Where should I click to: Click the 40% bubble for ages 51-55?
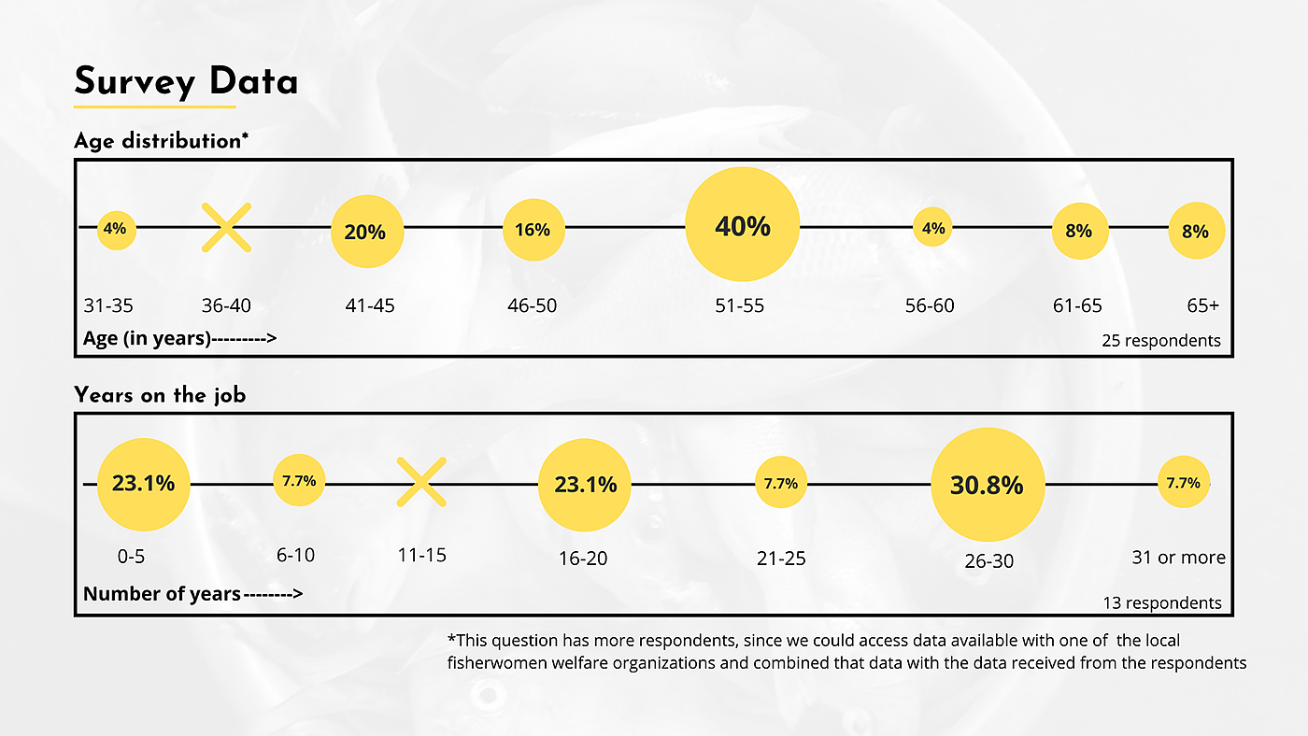pyautogui.click(x=743, y=225)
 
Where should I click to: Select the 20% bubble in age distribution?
pyautogui.click(x=366, y=232)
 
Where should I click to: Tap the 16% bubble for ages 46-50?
pyautogui.click(x=533, y=230)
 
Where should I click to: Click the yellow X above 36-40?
pyautogui.click(x=227, y=228)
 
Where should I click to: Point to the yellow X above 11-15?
pyautogui.click(x=421, y=482)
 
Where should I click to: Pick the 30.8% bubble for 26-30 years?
pyautogui.click(x=987, y=485)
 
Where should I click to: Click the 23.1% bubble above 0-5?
pyautogui.click(x=143, y=484)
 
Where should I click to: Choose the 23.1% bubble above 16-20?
pyautogui.click(x=585, y=484)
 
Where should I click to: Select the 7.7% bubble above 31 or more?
pyautogui.click(x=1183, y=483)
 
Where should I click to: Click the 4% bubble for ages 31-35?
pyautogui.click(x=117, y=229)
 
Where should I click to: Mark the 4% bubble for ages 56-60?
pyautogui.click(x=932, y=228)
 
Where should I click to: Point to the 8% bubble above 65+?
pyautogui.click(x=1196, y=231)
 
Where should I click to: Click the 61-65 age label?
pyautogui.click(x=1077, y=305)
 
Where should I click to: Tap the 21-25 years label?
pyautogui.click(x=781, y=559)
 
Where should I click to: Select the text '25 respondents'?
pyautogui.click(x=1161, y=341)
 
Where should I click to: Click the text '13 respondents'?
pyautogui.click(x=1162, y=602)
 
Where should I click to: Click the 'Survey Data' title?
pyautogui.click(x=186, y=81)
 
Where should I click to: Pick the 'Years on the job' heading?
pyautogui.click(x=160, y=395)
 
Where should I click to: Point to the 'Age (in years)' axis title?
pyautogui.click(x=148, y=338)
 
